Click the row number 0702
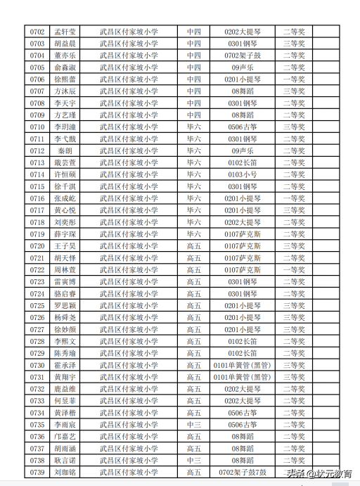tap(37, 32)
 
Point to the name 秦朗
tap(65, 151)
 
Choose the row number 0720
tap(37, 245)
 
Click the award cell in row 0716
tap(294, 198)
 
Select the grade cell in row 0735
tap(193, 424)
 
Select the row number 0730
tap(37, 365)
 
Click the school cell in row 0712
tap(129, 151)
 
